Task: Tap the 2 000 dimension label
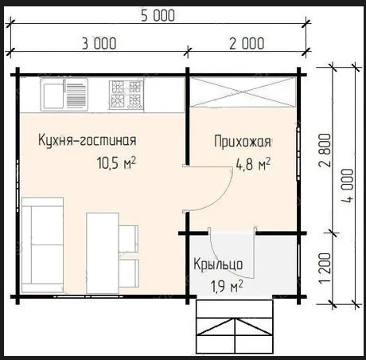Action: click(247, 43)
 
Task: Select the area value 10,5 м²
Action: click(115, 164)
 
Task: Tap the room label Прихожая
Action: click(243, 143)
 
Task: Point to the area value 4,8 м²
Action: click(252, 165)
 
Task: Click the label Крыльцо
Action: click(223, 264)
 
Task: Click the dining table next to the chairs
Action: click(102, 251)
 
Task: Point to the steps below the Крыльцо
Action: click(235, 328)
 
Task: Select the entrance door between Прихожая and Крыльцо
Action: click(232, 233)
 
